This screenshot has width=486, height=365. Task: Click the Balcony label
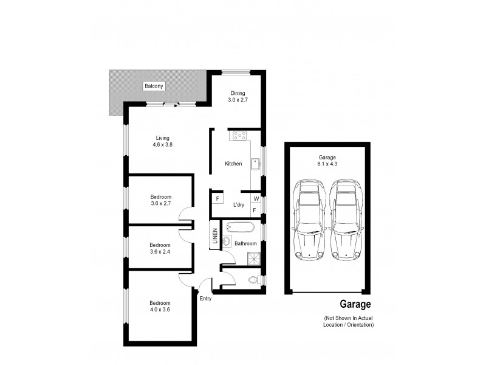[154, 86]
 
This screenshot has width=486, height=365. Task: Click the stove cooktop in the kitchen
[238, 136]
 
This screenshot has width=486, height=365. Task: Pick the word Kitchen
[233, 164]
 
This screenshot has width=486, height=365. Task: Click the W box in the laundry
[256, 199]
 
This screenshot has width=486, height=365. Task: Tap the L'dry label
[239, 205]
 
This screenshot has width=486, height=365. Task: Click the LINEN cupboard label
[215, 237]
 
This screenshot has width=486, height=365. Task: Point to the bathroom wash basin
[226, 242]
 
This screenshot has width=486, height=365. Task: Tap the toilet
[258, 280]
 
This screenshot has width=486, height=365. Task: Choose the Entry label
[207, 298]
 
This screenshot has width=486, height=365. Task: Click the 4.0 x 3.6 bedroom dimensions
[160, 310]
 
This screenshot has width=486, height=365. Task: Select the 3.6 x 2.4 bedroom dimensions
[160, 252]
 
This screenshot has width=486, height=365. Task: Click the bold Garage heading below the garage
[355, 305]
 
